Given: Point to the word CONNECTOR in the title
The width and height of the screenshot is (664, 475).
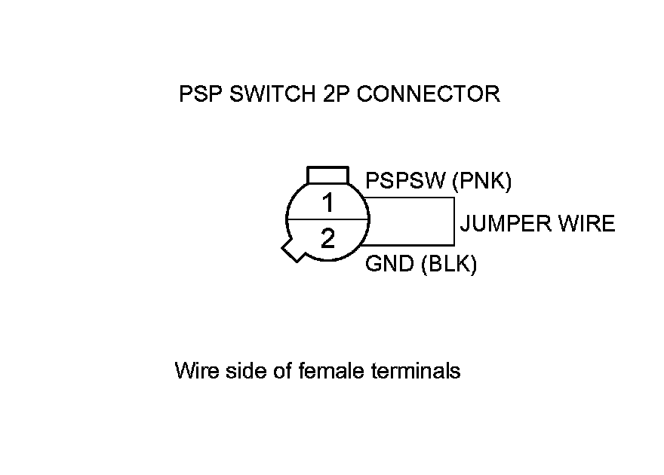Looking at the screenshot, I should coord(428,94).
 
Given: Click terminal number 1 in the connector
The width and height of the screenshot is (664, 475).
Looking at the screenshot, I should coord(327,203).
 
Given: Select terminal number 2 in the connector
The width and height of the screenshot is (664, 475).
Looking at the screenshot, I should coord(327,239).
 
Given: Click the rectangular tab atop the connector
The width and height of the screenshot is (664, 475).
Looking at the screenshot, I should coord(327,175).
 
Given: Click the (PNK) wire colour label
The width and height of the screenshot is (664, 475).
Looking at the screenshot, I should coord(482,181).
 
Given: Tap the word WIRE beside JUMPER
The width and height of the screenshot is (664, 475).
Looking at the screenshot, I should coord(592,224).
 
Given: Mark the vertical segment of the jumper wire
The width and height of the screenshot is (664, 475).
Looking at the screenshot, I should coord(454,222).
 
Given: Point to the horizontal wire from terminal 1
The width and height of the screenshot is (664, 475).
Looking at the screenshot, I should coord(410,198).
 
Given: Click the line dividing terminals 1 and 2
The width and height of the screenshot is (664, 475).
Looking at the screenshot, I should coord(327,219).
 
